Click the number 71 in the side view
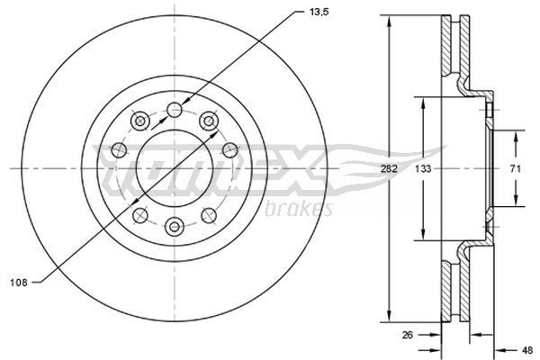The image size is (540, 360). [516, 168]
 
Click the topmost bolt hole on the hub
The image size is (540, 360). [175, 110]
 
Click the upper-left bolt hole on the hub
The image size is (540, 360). [139, 121]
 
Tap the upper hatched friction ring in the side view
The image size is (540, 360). [450, 49]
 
